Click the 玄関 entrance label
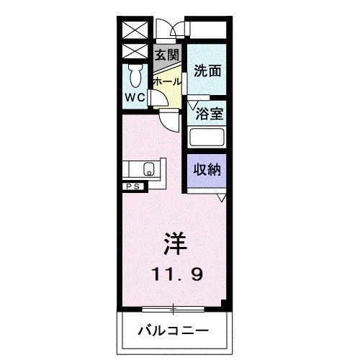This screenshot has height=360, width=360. [167, 54]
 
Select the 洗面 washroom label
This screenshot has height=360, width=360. [207, 71]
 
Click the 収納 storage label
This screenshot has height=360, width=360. [208, 170]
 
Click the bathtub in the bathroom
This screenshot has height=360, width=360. [207, 137]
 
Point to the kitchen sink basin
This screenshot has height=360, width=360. [149, 170]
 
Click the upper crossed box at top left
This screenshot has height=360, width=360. [135, 30]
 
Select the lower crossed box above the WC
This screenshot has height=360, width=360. [135, 52]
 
